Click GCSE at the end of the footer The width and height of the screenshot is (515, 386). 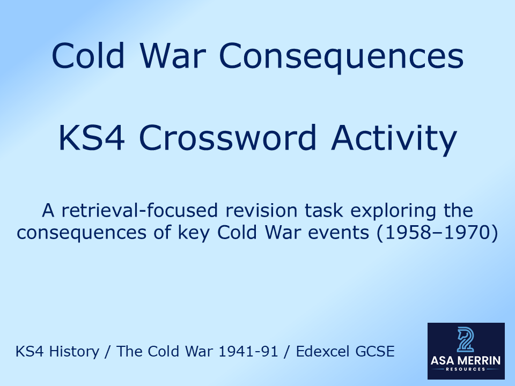tap(376, 352)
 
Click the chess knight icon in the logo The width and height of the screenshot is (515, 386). tap(466, 339)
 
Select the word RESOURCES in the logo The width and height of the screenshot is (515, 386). tap(466, 369)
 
